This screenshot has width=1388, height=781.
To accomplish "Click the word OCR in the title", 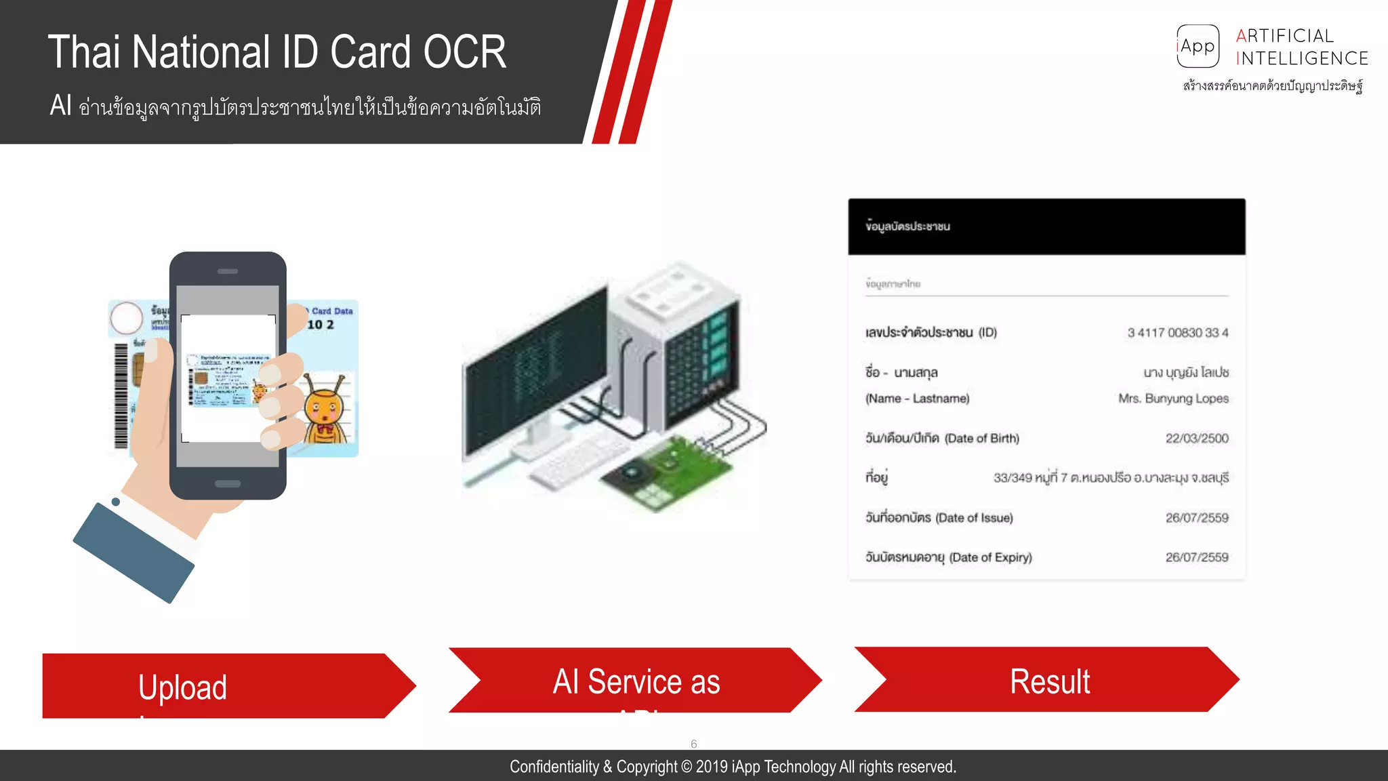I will pyautogui.click(x=465, y=52).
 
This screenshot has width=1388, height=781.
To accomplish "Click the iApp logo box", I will pyautogui.click(x=1198, y=46).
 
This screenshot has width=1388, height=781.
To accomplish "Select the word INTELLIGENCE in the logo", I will pyautogui.click(x=1302, y=59).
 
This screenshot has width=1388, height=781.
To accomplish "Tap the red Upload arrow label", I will pyautogui.click(x=182, y=687).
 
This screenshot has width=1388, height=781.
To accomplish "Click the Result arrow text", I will pyautogui.click(x=1050, y=681).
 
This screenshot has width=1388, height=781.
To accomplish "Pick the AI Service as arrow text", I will pyautogui.click(x=636, y=681).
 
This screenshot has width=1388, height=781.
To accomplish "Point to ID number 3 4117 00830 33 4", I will pyautogui.click(x=1177, y=333).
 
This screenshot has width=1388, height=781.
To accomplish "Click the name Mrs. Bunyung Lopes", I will pyautogui.click(x=1173, y=399).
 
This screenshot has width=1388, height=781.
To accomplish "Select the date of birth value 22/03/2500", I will pyautogui.click(x=1196, y=439).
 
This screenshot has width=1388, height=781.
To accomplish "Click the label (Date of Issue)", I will pyautogui.click(x=974, y=518).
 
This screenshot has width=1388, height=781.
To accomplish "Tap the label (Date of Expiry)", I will pyautogui.click(x=990, y=557).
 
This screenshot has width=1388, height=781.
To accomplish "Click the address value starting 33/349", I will pyautogui.click(x=1111, y=478).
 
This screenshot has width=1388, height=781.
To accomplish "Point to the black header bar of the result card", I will pyautogui.click(x=1046, y=226).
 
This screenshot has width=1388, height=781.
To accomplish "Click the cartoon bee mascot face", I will pyautogui.click(x=323, y=409).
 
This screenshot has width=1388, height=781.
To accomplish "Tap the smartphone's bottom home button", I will pyautogui.click(x=228, y=484).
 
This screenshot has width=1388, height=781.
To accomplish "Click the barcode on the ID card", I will pyautogui.click(x=121, y=396).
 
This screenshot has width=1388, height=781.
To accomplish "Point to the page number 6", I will pyautogui.click(x=693, y=744).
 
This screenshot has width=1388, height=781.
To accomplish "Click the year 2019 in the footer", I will pyautogui.click(x=712, y=767).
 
